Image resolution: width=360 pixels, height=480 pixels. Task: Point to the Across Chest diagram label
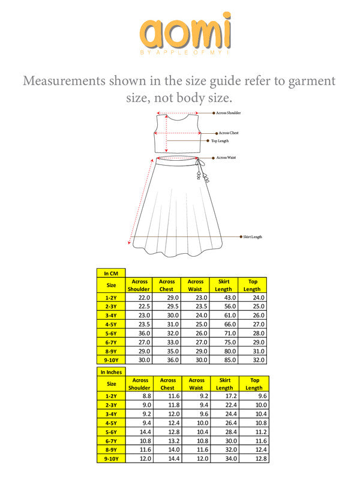click(x=228, y=133)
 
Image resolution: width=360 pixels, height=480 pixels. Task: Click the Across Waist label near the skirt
click(x=227, y=158)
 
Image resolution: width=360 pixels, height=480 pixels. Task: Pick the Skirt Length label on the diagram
click(x=252, y=237)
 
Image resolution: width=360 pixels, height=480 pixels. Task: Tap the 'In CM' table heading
click(x=110, y=273)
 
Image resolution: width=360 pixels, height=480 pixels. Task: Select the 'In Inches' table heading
click(x=112, y=372)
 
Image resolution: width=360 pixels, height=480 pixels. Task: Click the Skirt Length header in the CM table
click(x=223, y=285)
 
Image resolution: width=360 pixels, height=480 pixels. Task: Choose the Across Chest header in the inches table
click(x=168, y=384)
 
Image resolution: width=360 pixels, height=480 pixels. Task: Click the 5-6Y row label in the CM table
click(x=112, y=333)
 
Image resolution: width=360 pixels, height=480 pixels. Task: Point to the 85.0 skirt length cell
click(x=223, y=360)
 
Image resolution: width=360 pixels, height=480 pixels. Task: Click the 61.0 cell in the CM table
click(x=223, y=315)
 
